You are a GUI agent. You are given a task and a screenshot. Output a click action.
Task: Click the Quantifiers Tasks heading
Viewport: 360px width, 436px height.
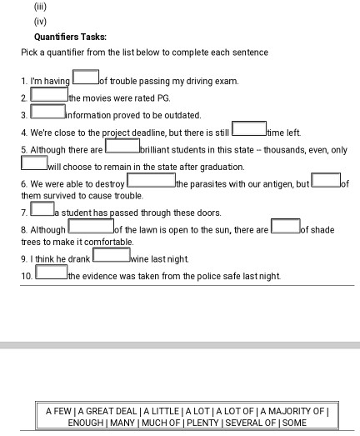70,37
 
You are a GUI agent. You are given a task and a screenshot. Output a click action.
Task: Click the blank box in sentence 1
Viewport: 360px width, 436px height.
85,78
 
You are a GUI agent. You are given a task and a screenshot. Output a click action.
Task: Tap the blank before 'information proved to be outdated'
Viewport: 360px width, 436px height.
48,112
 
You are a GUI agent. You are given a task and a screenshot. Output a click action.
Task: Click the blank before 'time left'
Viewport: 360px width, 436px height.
248,130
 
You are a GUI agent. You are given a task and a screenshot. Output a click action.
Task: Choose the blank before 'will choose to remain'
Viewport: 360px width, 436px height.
34,164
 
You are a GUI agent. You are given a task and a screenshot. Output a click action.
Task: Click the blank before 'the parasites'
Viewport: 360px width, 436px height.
151,180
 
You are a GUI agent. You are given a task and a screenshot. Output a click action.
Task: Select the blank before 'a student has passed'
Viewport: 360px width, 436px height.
42,209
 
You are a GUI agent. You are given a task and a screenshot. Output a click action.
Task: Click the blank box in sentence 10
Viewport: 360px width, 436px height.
49,273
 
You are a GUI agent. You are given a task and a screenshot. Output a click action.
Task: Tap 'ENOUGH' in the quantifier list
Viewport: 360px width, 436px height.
86,423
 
